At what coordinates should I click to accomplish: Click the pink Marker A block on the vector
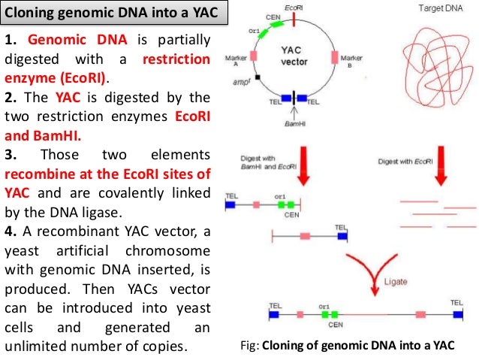pos(254,56)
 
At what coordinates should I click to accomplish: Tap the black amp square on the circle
pos(258,77)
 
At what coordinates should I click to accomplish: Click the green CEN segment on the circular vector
pos(276,24)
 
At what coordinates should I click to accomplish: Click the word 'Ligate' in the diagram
pos(396,281)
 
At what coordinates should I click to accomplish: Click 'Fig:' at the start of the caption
pos(249,346)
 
